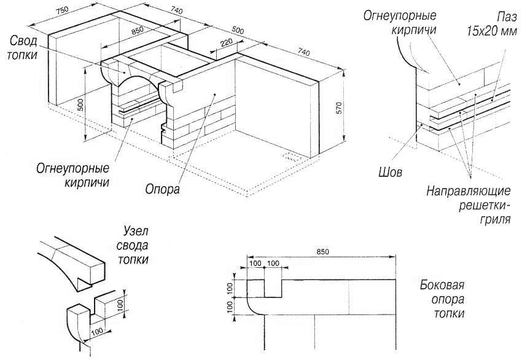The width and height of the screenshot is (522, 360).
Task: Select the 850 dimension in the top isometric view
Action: tap(137, 29)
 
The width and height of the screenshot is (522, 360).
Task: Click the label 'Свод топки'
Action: tap(23, 47)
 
